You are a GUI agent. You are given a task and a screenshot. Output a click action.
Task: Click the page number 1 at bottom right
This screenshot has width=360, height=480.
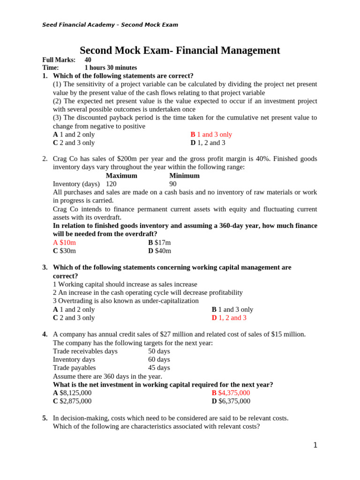(x=315, y=445)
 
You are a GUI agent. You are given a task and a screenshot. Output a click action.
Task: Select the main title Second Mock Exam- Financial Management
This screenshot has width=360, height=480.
(x=180, y=51)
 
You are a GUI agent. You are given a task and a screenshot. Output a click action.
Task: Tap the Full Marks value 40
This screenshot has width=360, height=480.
(x=88, y=60)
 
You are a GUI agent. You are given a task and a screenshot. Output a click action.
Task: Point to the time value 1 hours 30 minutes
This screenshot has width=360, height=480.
(x=111, y=68)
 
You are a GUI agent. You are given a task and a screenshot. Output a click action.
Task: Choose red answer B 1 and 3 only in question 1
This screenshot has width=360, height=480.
(x=211, y=135)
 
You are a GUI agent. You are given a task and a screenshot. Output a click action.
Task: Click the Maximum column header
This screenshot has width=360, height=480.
(x=121, y=176)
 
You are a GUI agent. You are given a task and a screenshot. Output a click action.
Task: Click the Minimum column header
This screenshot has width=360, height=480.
(x=184, y=176)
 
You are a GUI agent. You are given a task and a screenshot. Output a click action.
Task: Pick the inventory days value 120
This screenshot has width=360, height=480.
(x=111, y=184)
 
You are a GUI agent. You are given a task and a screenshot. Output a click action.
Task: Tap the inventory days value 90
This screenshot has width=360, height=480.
(x=173, y=184)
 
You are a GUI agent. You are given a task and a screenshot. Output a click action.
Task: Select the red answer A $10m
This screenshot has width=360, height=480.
(x=64, y=242)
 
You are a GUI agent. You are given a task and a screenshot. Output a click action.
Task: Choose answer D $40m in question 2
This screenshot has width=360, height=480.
(x=159, y=251)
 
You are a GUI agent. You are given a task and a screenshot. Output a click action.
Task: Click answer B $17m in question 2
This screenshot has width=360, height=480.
(x=159, y=242)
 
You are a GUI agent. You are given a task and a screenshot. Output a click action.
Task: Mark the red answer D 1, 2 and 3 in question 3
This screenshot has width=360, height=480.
(x=229, y=318)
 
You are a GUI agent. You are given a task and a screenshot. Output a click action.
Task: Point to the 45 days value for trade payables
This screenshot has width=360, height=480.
(x=159, y=368)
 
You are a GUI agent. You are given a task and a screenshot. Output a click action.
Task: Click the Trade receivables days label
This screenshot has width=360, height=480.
(x=85, y=351)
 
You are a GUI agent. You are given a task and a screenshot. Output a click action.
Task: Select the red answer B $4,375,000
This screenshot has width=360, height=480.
(x=231, y=393)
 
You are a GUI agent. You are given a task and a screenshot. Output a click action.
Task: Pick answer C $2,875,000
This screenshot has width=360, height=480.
(x=72, y=401)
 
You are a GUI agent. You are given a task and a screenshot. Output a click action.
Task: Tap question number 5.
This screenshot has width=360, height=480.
(x=45, y=418)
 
